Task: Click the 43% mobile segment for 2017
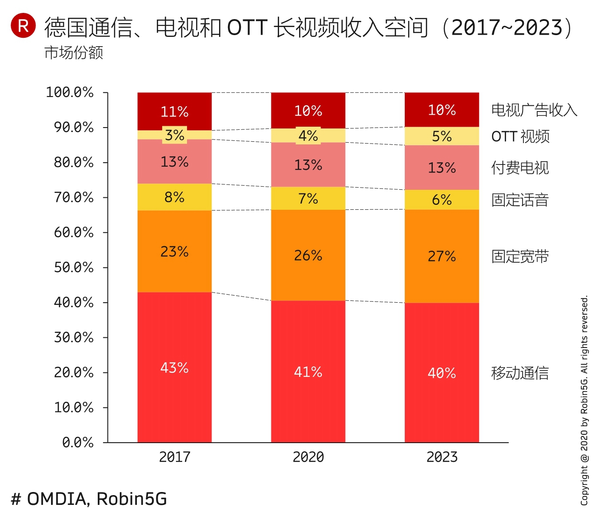(x=175, y=367)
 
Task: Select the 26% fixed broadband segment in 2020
(x=308, y=255)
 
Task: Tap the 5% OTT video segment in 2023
(x=442, y=136)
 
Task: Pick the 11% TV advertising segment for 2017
(x=175, y=111)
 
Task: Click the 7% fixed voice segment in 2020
(x=308, y=198)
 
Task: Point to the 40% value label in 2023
(x=442, y=373)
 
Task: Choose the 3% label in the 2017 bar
(x=175, y=135)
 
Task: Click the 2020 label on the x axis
(x=308, y=457)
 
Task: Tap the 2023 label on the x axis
(x=442, y=457)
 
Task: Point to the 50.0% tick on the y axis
(x=74, y=268)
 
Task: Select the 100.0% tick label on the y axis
(x=70, y=92)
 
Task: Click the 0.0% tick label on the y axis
(x=78, y=443)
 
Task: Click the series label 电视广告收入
(x=534, y=110)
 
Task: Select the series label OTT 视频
(x=520, y=136)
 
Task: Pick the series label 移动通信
(x=520, y=373)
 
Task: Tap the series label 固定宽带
(x=520, y=256)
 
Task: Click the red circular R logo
(x=23, y=26)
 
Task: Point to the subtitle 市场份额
(x=74, y=53)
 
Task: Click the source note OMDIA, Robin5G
(x=89, y=499)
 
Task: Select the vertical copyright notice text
(x=584, y=400)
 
